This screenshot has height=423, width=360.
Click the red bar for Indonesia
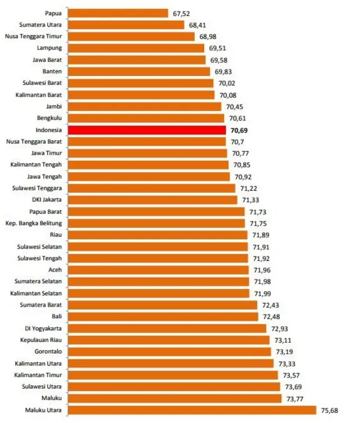(x=147, y=130)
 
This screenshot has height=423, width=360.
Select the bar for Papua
(x=118, y=13)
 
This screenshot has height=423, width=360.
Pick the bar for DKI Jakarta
(x=152, y=200)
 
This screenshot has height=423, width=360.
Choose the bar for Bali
(x=163, y=317)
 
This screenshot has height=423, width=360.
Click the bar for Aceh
(x=158, y=270)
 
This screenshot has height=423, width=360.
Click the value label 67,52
(x=181, y=13)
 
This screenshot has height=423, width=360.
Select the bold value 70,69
(x=238, y=130)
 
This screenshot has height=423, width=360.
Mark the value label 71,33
(x=250, y=200)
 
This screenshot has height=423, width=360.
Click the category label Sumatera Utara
(x=40, y=25)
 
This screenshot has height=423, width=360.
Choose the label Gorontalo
(x=47, y=352)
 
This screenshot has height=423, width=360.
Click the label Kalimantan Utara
(x=39, y=363)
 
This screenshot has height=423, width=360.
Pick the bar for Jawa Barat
(x=137, y=60)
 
